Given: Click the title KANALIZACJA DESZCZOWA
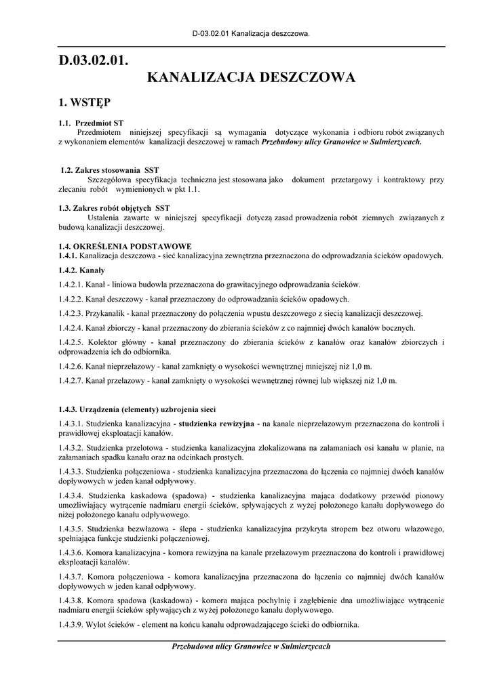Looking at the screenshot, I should click(251, 78).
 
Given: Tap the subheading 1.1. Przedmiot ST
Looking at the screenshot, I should click(91, 123).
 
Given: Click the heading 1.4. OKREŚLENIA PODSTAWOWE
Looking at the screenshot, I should click(125, 246).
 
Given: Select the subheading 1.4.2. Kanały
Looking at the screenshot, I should click(81, 270).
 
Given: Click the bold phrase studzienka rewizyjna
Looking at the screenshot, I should click(217, 424).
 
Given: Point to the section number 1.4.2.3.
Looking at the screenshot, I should click(71, 313).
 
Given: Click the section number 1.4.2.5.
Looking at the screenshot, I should click(71, 342).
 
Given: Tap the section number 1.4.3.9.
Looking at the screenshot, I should click(71, 624).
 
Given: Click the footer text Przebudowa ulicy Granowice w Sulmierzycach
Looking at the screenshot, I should click(251, 647).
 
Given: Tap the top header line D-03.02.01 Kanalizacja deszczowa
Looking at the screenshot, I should click(251, 33).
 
